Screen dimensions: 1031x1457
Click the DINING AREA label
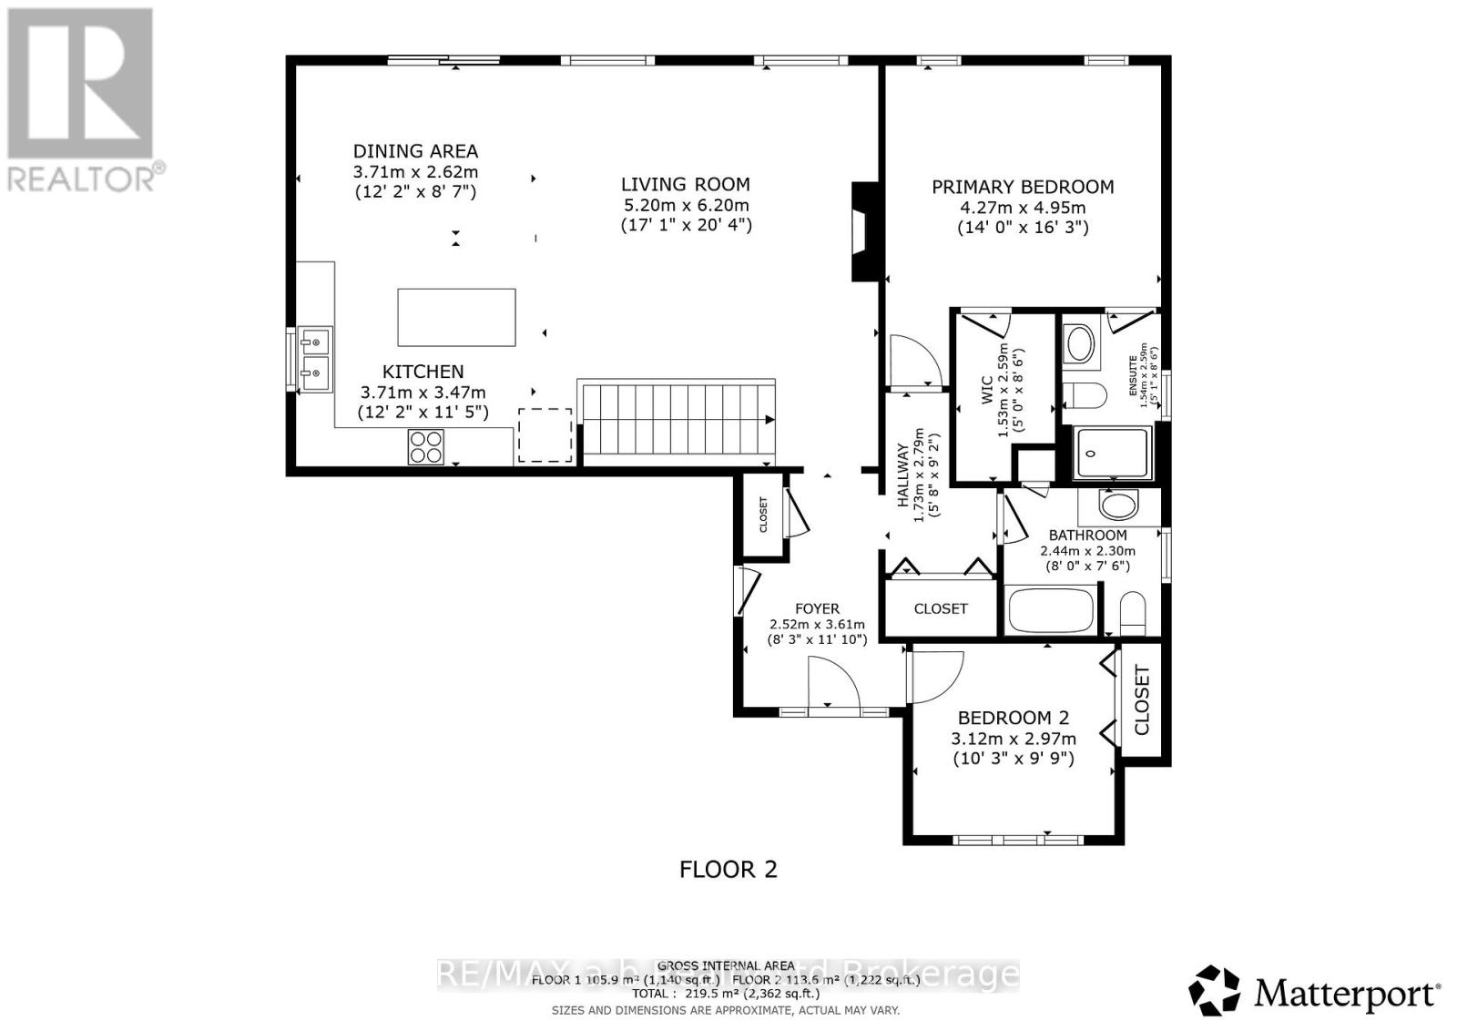click(415, 152)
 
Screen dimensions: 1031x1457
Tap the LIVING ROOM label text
click(685, 184)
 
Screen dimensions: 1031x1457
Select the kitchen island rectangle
click(456, 317)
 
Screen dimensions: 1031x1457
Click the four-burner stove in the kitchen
click(425, 447)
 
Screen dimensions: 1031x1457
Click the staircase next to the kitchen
click(676, 419)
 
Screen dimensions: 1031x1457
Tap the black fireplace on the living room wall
click(863, 231)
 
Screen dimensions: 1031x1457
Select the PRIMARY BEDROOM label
click(1022, 188)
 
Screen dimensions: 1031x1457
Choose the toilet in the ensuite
click(1086, 395)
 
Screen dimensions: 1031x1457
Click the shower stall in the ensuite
click(1112, 452)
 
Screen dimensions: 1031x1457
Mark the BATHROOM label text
click(1087, 536)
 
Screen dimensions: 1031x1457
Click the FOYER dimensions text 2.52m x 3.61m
click(817, 625)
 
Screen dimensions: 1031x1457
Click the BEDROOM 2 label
click(1013, 718)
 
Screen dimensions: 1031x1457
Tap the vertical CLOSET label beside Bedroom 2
click(1142, 699)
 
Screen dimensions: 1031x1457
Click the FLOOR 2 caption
click(728, 869)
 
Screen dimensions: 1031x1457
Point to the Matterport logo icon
click(1214, 991)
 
